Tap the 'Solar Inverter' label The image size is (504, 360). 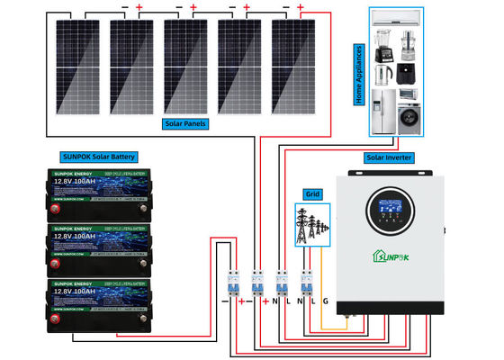tap(389, 157)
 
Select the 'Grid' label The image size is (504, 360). tap(312, 193)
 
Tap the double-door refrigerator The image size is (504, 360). tap(383, 110)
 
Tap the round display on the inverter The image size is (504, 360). tap(391, 214)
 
